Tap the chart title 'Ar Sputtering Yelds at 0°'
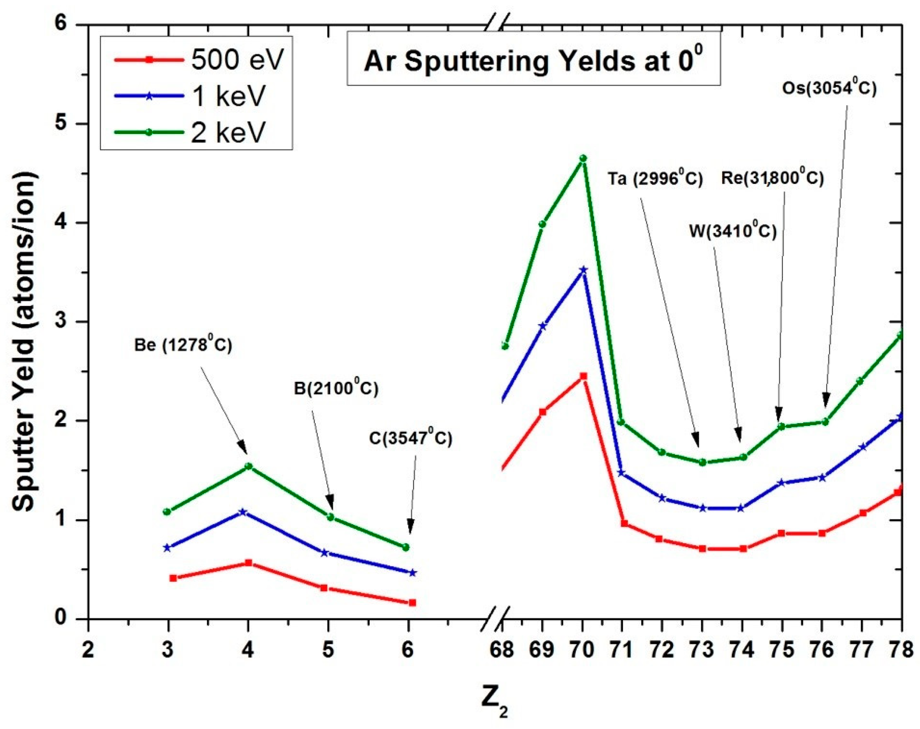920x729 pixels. (533, 61)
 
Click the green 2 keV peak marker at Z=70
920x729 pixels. (583, 158)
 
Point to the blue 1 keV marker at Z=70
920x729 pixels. (583, 270)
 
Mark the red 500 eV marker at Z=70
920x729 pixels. (583, 376)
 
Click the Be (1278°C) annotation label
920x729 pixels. (183, 345)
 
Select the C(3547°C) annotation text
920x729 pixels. (410, 438)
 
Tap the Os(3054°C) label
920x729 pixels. (829, 88)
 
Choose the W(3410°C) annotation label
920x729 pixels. (733, 231)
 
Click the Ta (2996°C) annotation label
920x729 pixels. (655, 179)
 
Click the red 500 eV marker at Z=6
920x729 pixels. (412, 603)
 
